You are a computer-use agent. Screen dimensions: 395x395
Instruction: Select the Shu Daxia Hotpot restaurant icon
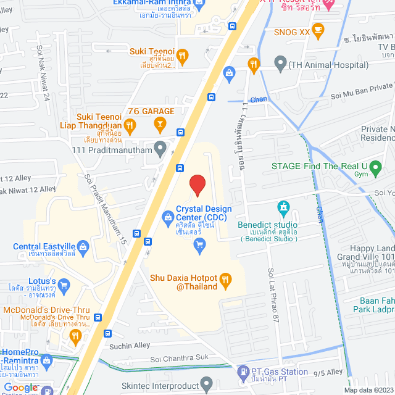(x=225, y=281)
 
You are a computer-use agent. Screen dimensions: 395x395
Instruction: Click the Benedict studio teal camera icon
(x=283, y=206)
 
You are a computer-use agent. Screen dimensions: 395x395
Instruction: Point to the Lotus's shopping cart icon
(x=61, y=285)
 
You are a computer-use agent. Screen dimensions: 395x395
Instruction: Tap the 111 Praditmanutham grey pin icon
(x=160, y=147)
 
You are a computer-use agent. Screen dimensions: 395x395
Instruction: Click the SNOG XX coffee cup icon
(x=318, y=28)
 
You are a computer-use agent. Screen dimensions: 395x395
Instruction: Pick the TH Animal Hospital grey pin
(x=280, y=63)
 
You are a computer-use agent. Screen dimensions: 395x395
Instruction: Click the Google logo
(x=21, y=388)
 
